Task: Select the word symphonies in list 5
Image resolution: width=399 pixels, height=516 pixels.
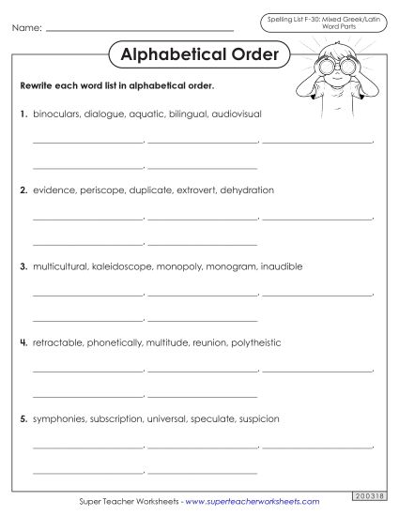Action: [x=60, y=418]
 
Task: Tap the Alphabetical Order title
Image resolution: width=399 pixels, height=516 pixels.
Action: [x=200, y=54]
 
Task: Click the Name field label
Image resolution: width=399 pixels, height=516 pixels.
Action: [x=26, y=29]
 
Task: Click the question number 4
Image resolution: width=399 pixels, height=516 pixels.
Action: [x=23, y=342]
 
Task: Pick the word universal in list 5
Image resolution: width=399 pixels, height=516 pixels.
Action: [x=169, y=418]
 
